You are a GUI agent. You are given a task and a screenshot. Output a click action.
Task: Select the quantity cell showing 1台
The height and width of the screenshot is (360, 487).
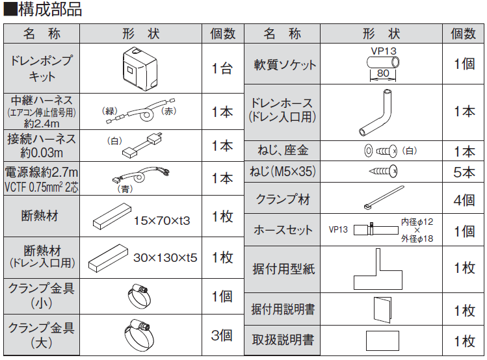pyautogui.click(x=222, y=68)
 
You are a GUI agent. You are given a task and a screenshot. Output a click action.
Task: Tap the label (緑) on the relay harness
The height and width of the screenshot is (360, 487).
pyautogui.click(x=112, y=111)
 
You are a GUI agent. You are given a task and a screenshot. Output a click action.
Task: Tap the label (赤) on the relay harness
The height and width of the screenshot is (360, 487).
pyautogui.click(x=168, y=112)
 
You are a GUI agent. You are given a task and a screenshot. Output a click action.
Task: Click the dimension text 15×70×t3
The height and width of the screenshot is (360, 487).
pyautogui.click(x=162, y=221)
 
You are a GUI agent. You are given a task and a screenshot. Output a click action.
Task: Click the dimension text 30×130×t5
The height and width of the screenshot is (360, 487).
pyautogui.click(x=165, y=257)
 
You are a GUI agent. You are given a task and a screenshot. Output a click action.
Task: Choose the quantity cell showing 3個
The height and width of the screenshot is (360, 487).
pyautogui.click(x=222, y=335)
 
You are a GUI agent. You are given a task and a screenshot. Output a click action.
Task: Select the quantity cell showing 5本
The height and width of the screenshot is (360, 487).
pyautogui.click(x=464, y=173)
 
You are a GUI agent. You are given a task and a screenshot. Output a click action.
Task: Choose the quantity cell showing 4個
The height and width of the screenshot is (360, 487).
pyautogui.click(x=464, y=199)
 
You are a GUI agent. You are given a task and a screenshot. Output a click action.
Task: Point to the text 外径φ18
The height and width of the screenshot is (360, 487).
pyautogui.click(x=417, y=239)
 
